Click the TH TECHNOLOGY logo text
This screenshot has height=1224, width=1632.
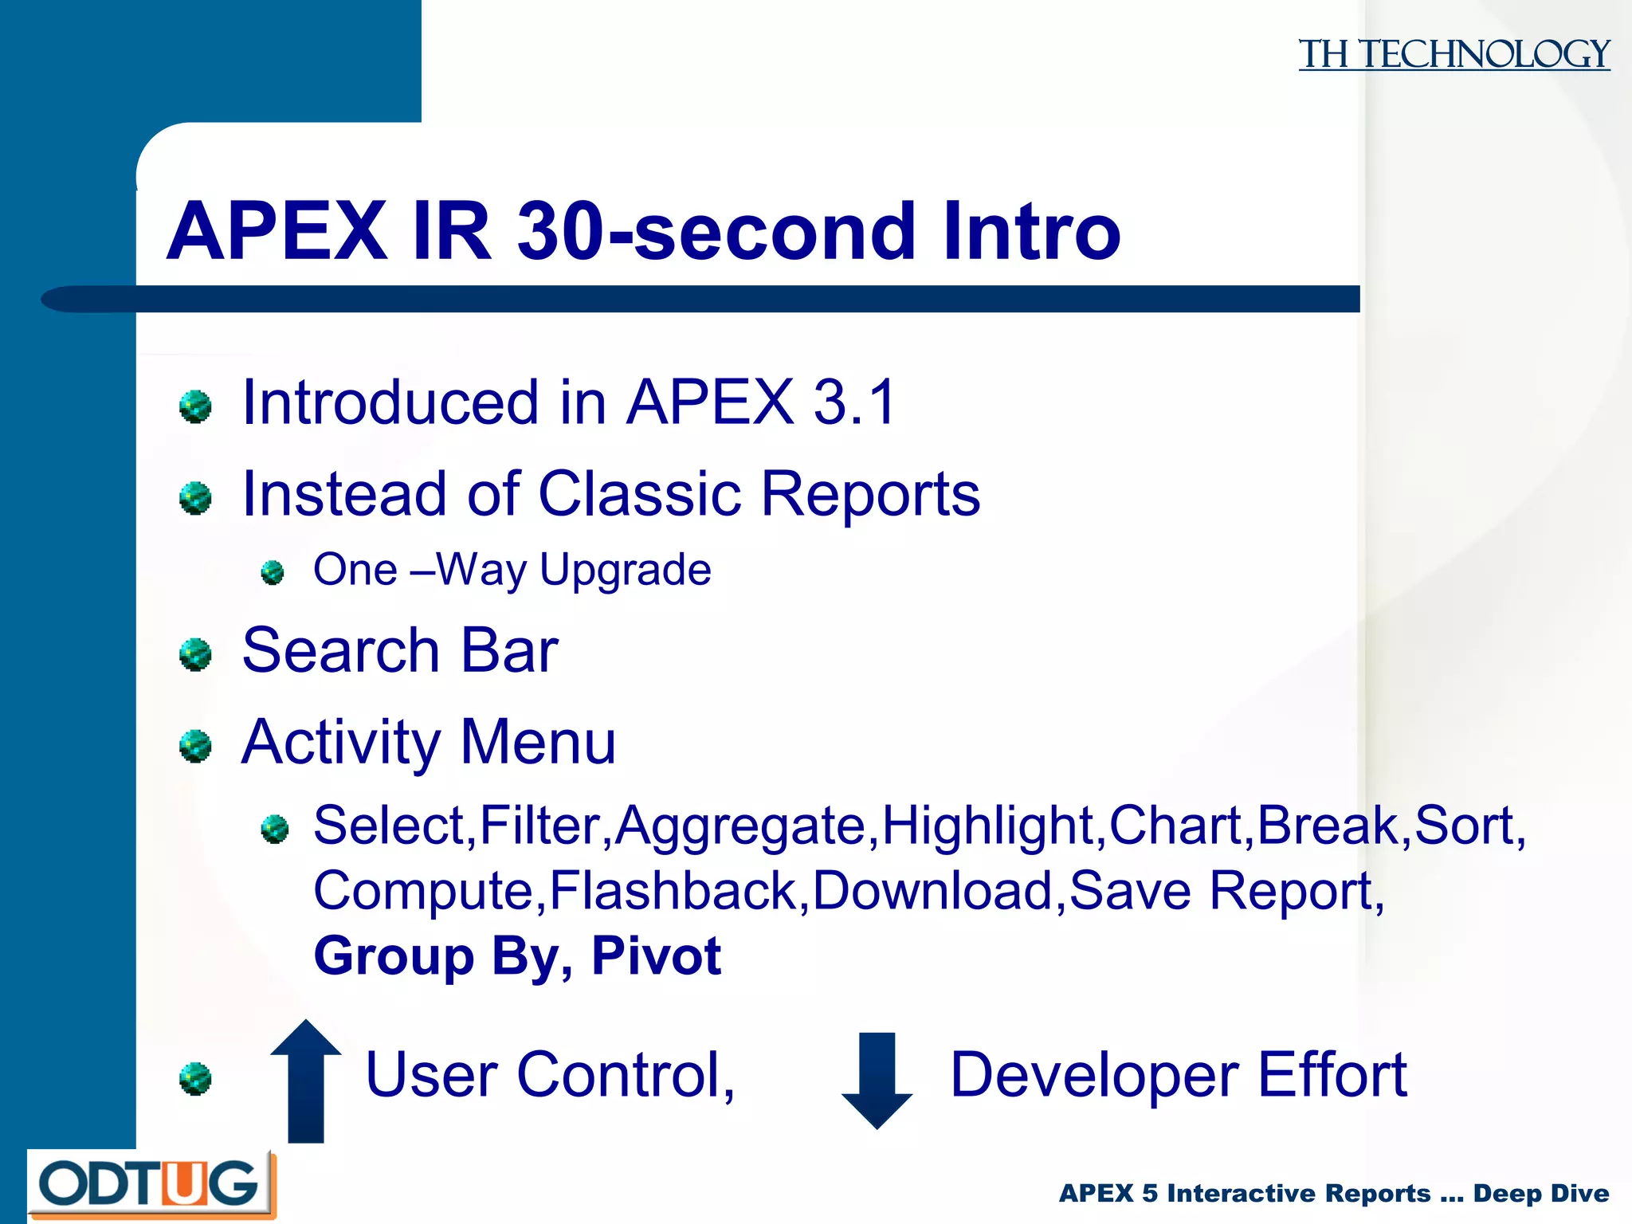click(1453, 54)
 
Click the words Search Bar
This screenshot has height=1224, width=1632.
click(399, 651)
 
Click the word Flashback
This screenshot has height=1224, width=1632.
click(673, 890)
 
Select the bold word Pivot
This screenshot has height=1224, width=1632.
click(655, 955)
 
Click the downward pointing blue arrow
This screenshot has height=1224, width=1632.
click(877, 1080)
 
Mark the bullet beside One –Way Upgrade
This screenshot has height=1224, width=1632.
click(273, 572)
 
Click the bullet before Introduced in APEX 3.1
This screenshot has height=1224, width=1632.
click(195, 406)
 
